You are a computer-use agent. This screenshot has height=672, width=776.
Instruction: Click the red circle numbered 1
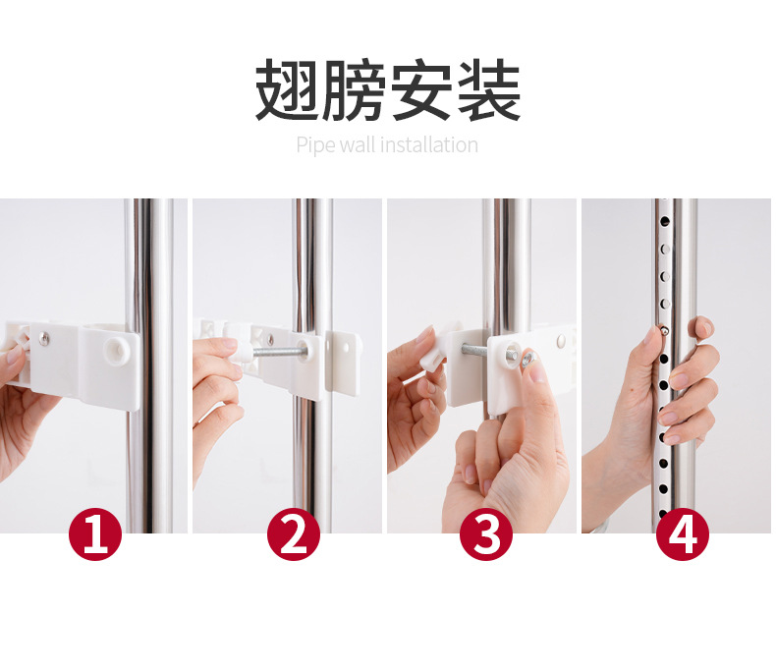pos(95,533)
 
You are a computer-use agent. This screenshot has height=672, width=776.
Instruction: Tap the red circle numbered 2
pos(294,533)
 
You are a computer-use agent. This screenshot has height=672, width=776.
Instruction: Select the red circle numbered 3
pos(487,533)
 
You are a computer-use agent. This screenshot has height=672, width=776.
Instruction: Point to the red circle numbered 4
pos(682,533)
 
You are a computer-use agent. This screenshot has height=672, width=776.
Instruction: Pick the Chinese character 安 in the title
pos(421,89)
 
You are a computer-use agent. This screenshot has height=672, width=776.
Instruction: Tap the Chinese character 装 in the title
pos(489,89)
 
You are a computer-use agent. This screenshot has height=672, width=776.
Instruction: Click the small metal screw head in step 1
pos(44,338)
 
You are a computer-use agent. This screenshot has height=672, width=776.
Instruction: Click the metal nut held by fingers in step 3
pos(528,358)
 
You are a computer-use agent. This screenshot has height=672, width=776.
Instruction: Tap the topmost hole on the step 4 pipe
pos(664,221)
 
